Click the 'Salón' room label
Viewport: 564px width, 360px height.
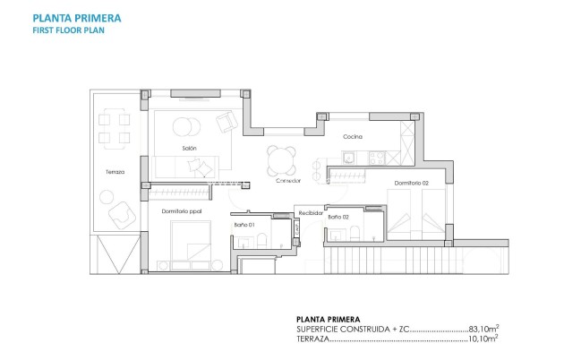point(189,148)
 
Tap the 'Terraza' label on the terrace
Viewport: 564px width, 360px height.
point(115,171)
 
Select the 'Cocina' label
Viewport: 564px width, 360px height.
point(352,136)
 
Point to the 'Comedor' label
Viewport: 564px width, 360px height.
point(288,181)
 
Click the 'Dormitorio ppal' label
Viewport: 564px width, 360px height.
point(182,211)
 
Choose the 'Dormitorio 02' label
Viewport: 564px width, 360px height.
point(411,184)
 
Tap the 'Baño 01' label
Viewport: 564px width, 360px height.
point(244,224)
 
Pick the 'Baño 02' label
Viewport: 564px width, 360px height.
point(338,218)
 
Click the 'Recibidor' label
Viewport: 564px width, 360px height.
point(310,212)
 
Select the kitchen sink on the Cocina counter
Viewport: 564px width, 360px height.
point(347,157)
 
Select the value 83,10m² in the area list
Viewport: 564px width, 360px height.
point(483,329)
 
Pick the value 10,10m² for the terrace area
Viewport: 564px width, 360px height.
point(483,339)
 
